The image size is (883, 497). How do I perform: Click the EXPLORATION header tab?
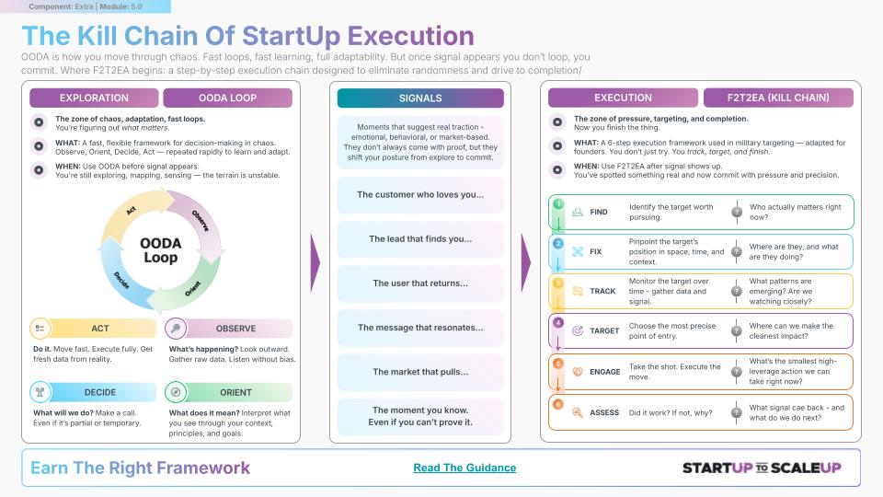pos(94,98)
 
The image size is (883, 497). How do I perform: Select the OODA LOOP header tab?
pos(227,98)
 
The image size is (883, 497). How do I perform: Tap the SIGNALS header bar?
pos(420,98)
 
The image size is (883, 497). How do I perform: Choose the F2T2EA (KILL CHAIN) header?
pos(778,98)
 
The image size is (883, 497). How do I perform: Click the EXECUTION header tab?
pos(623,98)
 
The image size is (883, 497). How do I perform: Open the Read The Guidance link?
pos(464,468)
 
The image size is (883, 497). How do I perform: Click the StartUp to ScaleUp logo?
pos(762,468)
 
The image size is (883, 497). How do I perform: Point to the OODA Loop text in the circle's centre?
pos(160,250)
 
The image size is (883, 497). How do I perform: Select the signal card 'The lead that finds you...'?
pos(420,239)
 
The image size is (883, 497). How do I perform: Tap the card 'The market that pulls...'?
pos(420,372)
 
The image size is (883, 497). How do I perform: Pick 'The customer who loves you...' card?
pos(420,194)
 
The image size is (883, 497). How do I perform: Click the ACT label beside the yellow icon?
pos(100,329)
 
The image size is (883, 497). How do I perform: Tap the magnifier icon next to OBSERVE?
pos(176,328)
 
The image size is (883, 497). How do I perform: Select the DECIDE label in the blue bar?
pos(100,392)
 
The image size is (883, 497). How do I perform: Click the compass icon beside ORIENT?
pos(176,392)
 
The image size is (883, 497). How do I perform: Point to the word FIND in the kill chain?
pos(599,212)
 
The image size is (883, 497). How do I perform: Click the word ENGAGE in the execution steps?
pos(605,372)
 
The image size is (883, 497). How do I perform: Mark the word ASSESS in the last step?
pos(604,412)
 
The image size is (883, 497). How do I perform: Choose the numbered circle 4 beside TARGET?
pos(557,323)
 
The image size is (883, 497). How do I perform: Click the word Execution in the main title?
pos(410,36)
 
